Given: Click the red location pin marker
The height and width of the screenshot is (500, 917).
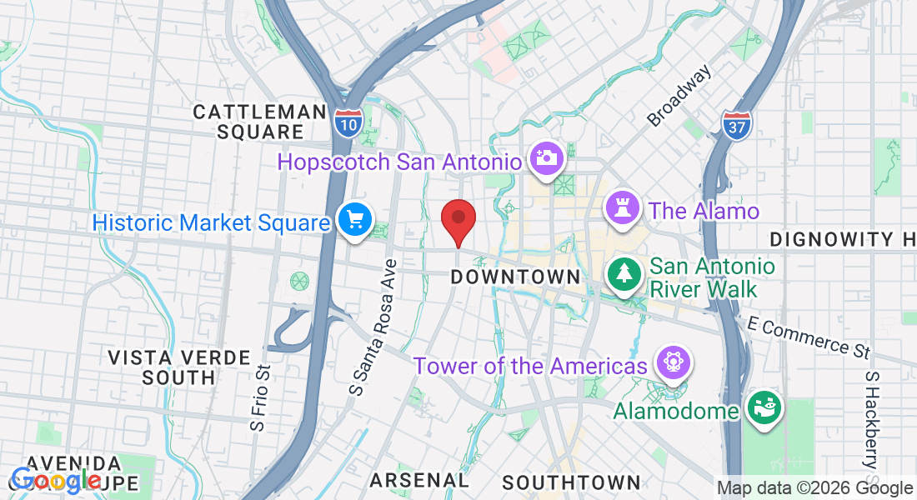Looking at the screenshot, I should (x=458, y=221).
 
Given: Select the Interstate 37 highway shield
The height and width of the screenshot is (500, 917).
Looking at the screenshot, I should (x=737, y=125).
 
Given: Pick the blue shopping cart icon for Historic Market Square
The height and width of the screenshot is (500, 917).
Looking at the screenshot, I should (x=355, y=221).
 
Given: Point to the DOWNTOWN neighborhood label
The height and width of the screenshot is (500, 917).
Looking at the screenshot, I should (x=515, y=277).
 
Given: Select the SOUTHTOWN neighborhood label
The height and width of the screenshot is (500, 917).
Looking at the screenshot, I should (x=571, y=482).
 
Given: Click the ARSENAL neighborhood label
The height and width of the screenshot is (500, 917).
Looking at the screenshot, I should (x=419, y=480).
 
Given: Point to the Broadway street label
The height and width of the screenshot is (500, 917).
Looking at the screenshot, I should (x=680, y=96).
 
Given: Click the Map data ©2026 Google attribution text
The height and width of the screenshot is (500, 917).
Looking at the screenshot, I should (x=814, y=488).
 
